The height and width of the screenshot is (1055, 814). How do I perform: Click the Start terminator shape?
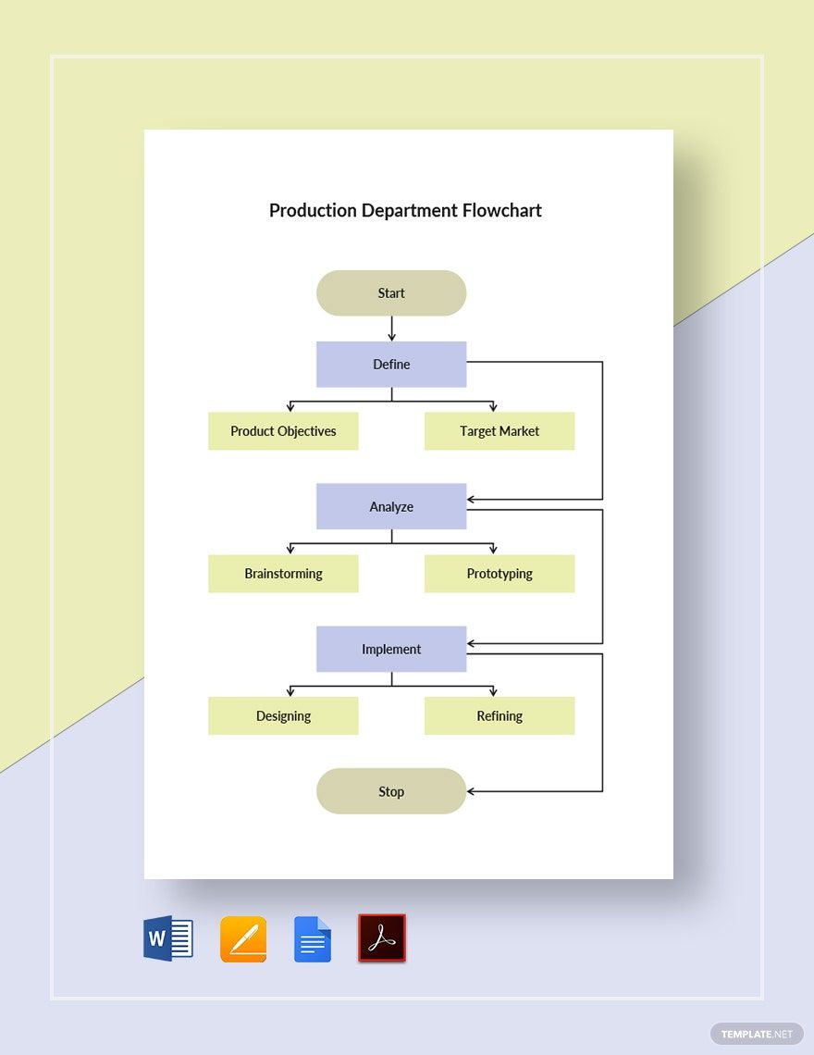391,293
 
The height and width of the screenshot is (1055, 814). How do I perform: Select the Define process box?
391,365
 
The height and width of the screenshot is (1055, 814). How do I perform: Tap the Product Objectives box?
283,431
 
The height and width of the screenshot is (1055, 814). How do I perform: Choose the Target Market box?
499,431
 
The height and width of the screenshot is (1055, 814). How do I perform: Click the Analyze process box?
391,507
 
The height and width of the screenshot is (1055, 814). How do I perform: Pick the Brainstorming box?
283,574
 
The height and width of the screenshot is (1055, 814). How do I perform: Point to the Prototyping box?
499,574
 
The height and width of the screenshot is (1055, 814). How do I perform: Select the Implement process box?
391,650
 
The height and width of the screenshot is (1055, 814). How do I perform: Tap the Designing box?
283,716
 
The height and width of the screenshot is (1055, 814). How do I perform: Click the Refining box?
499,716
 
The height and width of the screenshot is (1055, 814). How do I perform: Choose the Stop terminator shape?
391,791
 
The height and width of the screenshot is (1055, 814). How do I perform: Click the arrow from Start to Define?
391,329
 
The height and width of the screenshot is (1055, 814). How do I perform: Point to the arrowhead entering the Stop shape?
472,791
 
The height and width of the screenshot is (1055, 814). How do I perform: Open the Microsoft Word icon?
168,938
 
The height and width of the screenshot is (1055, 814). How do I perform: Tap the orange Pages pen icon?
243,939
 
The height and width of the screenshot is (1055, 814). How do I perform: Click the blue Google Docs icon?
313,939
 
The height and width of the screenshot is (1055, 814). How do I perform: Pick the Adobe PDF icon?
382,938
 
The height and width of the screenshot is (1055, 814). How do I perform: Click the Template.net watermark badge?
757,1034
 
